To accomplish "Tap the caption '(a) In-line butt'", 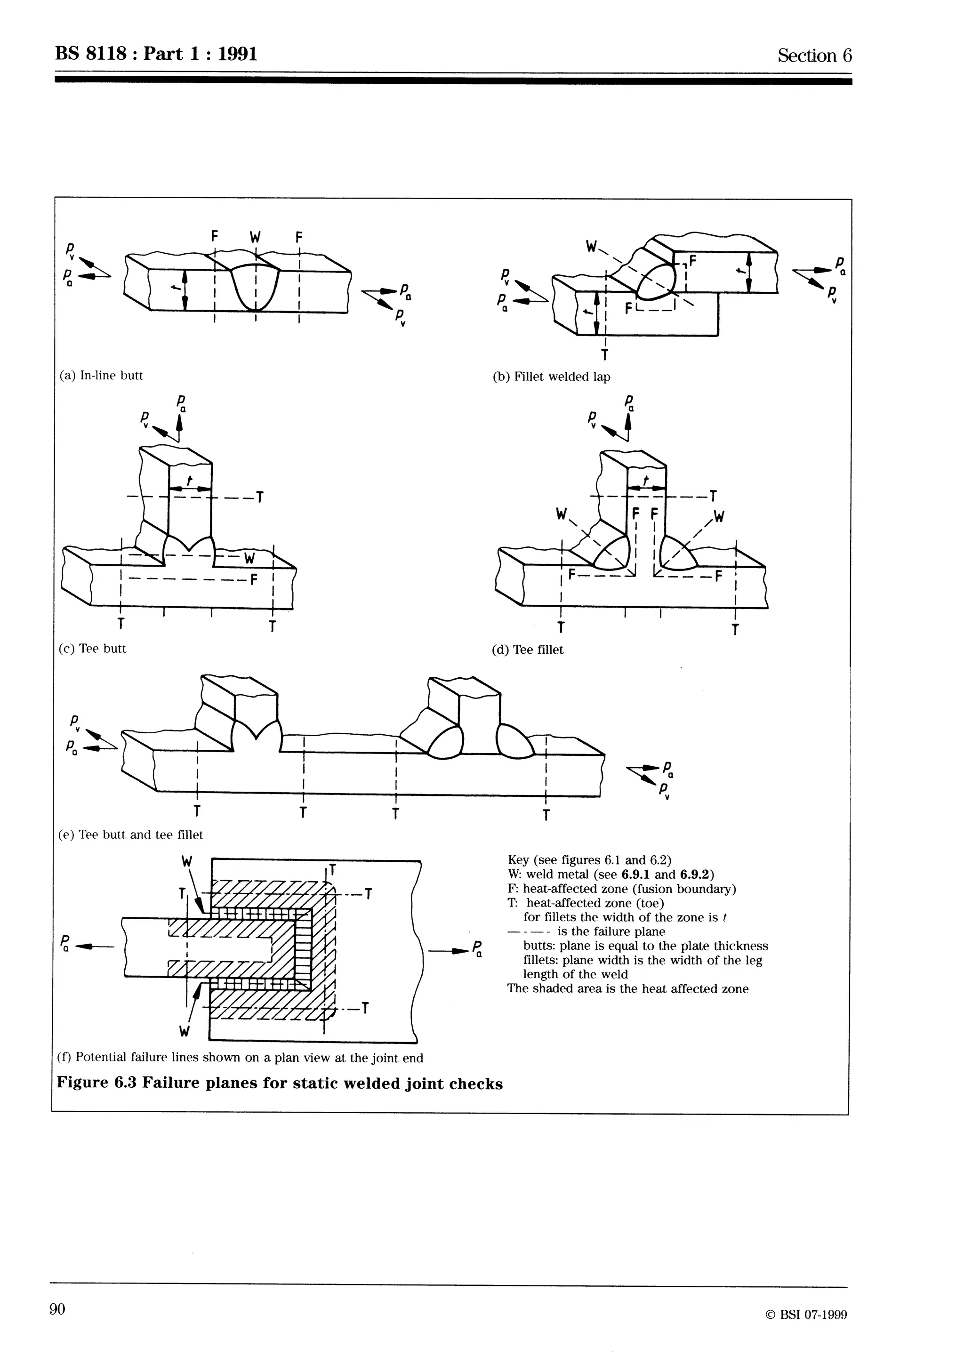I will tap(101, 376).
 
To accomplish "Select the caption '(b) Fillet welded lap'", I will tap(551, 377).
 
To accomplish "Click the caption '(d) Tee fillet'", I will tap(528, 650).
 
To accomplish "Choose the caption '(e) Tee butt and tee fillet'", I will tap(131, 834).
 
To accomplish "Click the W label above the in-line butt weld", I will tap(256, 237).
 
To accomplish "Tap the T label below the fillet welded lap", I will tap(605, 355).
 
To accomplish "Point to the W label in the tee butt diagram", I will tap(249, 558).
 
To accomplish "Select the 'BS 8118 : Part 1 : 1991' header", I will tap(156, 54).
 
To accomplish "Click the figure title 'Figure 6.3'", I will tap(97, 1083).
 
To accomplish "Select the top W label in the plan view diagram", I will tap(186, 861).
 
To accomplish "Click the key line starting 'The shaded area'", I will tap(627, 988).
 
